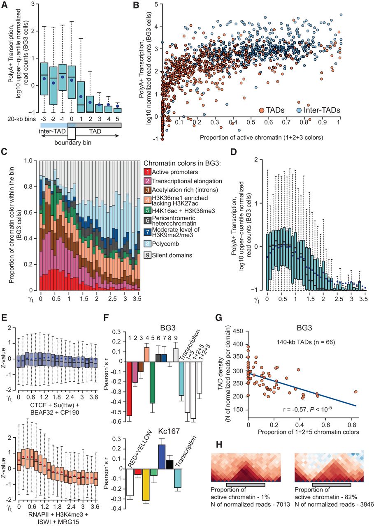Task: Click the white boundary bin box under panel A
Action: [72, 134]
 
